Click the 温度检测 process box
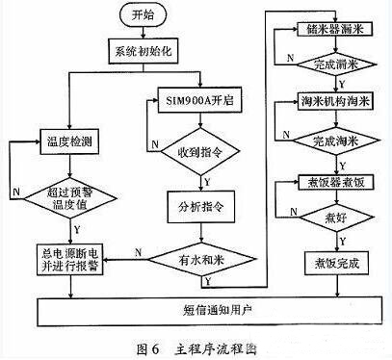tap(69, 141)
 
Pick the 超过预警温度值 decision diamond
tap(68, 198)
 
